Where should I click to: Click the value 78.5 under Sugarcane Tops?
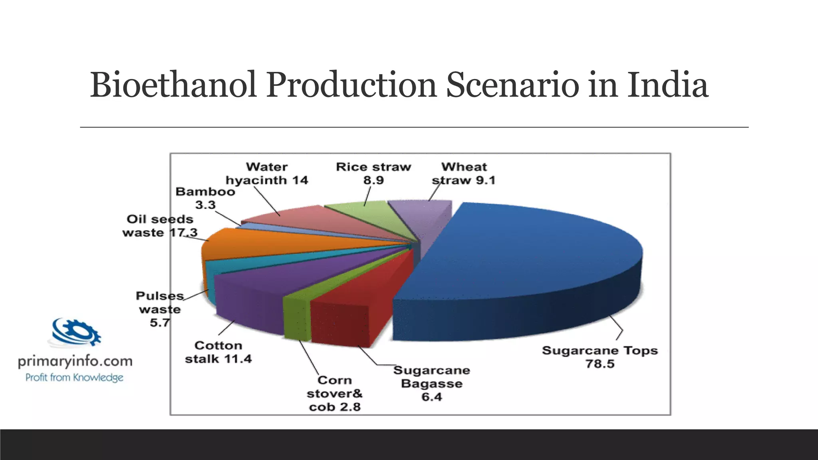click(600, 364)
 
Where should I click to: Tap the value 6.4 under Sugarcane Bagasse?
click(432, 397)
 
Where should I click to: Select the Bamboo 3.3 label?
click(205, 198)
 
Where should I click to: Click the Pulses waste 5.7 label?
click(160, 309)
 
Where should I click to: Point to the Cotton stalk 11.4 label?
click(218, 352)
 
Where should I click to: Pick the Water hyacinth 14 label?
click(267, 174)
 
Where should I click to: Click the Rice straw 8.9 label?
click(373, 174)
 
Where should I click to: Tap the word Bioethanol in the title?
click(173, 85)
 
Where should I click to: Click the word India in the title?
click(667, 85)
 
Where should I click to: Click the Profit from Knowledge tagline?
click(74, 378)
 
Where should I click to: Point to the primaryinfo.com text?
click(75, 361)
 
